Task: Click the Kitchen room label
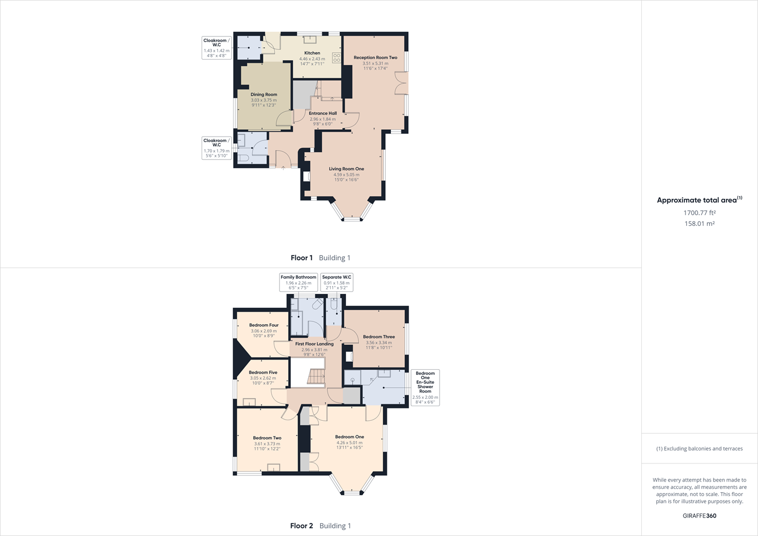click(x=312, y=53)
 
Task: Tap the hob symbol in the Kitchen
click(x=336, y=57)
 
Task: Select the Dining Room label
click(x=264, y=95)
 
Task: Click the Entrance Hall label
click(x=323, y=113)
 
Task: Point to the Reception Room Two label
click(x=375, y=58)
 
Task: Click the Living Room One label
click(x=346, y=169)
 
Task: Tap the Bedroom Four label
click(x=264, y=325)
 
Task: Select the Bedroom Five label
click(x=263, y=373)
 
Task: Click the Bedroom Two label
click(x=267, y=438)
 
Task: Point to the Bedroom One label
click(x=349, y=437)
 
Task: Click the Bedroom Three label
click(x=379, y=337)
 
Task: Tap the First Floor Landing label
click(x=314, y=344)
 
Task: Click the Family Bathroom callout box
click(x=299, y=282)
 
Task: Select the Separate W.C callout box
click(x=337, y=282)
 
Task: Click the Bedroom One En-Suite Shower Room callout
click(x=425, y=387)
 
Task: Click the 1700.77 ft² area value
click(x=700, y=213)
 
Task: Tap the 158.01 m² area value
click(x=700, y=224)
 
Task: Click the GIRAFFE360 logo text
click(x=700, y=516)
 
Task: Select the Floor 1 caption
click(x=302, y=258)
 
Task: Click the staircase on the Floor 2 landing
click(x=316, y=376)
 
